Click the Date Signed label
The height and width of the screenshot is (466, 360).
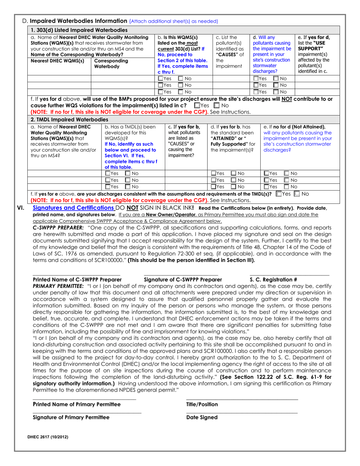[x=202, y=417]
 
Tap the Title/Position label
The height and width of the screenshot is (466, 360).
[x=202, y=404]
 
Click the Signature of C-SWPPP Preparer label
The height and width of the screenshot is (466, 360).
[x=183, y=280]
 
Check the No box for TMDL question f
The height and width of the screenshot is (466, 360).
[x=298, y=194]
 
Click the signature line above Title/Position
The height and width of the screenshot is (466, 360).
[x=242, y=399]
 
